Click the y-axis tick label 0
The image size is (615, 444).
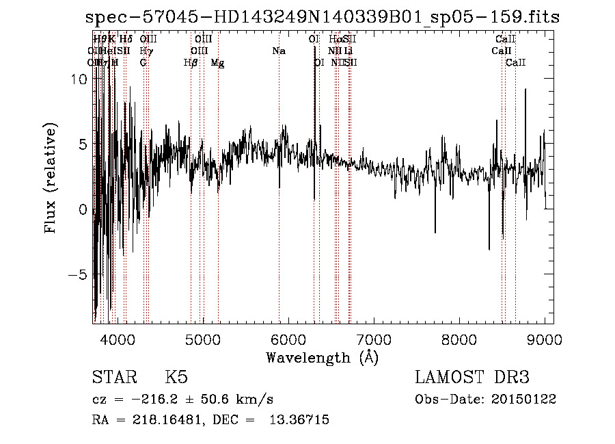83,209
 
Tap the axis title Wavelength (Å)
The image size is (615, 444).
322,357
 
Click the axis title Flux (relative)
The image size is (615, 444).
51,178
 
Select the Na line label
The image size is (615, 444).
279,51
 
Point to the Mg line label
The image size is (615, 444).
217,63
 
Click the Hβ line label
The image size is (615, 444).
191,63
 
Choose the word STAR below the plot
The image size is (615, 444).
113,378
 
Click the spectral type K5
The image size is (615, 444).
176,378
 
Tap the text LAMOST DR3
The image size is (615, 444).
472,378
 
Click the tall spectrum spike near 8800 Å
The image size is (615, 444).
525,96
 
